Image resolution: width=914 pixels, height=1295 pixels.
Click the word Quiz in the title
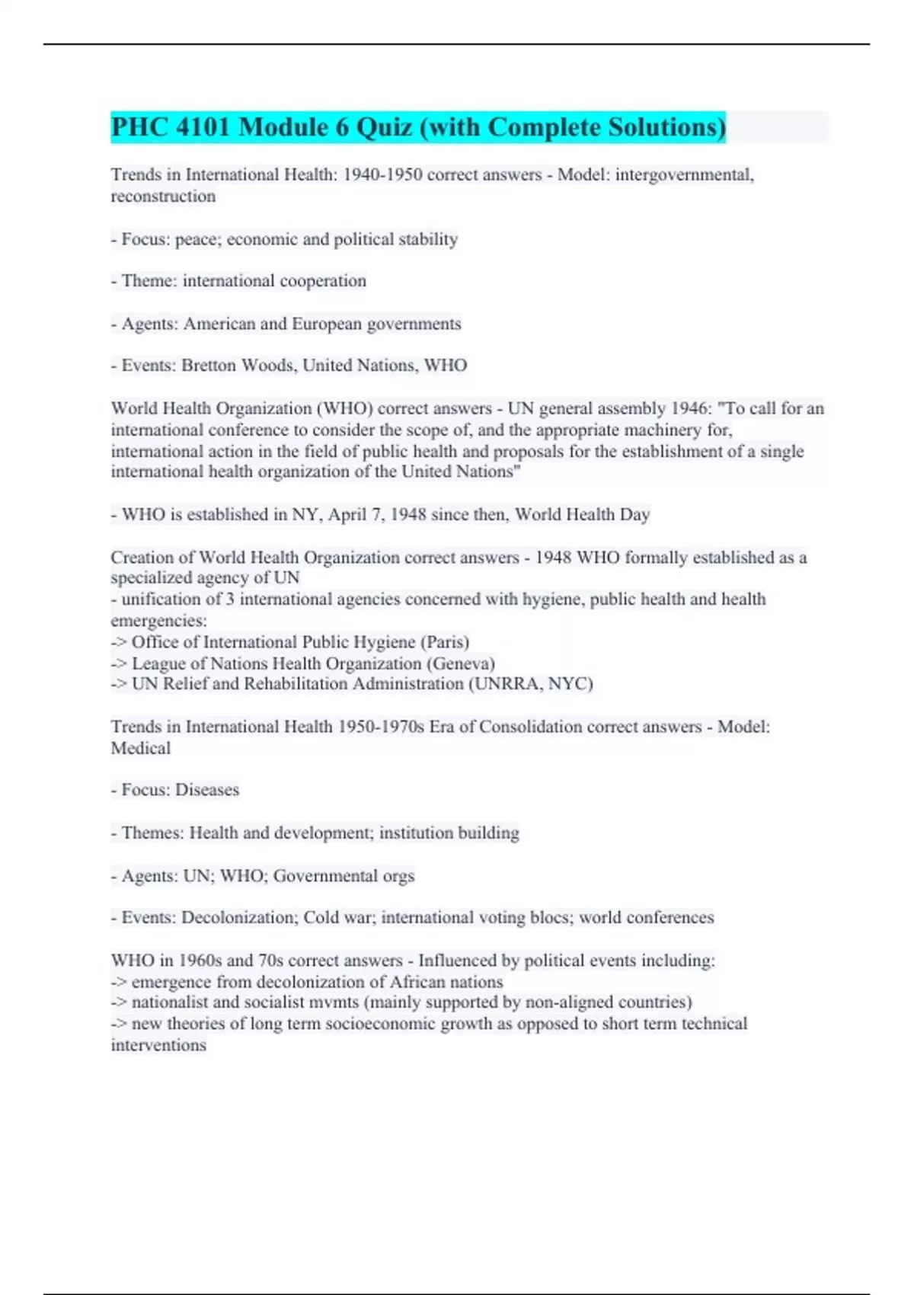[x=385, y=127]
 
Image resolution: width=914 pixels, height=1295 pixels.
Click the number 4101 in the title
[x=202, y=127]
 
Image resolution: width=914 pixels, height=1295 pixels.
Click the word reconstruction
[x=163, y=196]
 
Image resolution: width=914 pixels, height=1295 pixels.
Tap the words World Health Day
[x=583, y=514]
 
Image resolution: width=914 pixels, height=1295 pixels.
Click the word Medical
[x=141, y=747]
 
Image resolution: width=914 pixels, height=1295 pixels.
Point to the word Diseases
[x=207, y=789]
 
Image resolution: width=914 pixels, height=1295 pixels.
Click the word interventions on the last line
[x=158, y=1044]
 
